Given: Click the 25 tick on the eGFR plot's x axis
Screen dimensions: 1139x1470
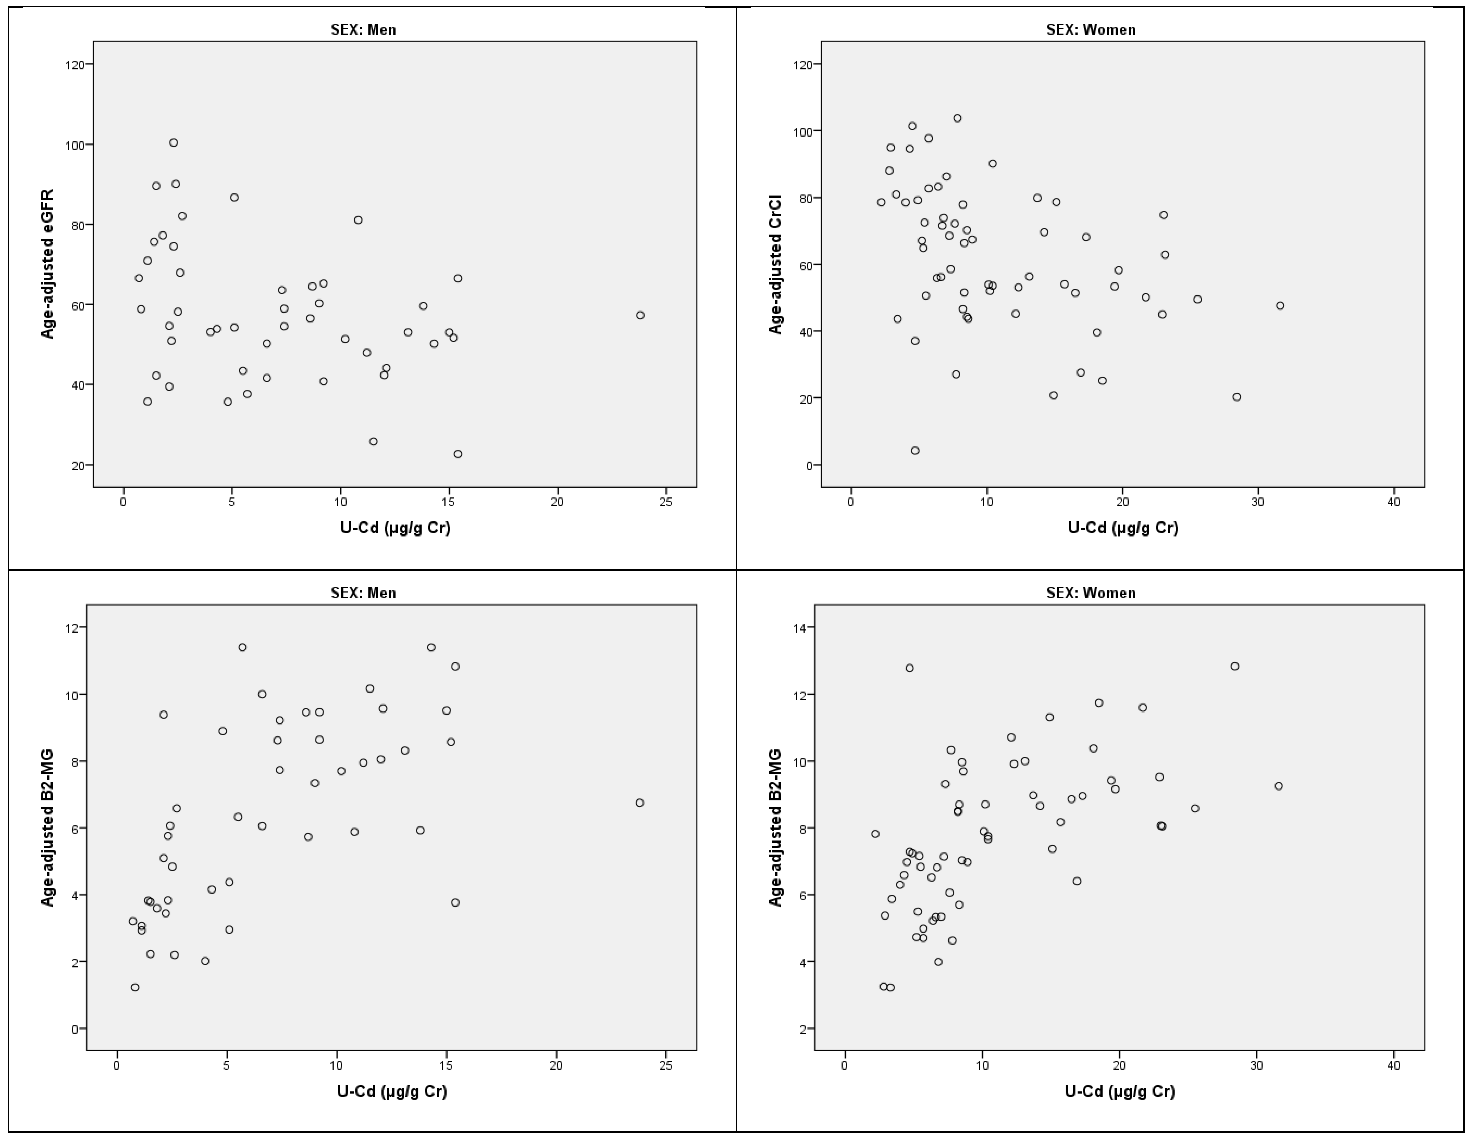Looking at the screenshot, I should coord(666,502).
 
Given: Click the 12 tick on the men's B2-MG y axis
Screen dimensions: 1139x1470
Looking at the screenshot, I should coord(74,628).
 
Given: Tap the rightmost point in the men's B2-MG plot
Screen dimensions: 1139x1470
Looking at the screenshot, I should coord(639,803).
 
